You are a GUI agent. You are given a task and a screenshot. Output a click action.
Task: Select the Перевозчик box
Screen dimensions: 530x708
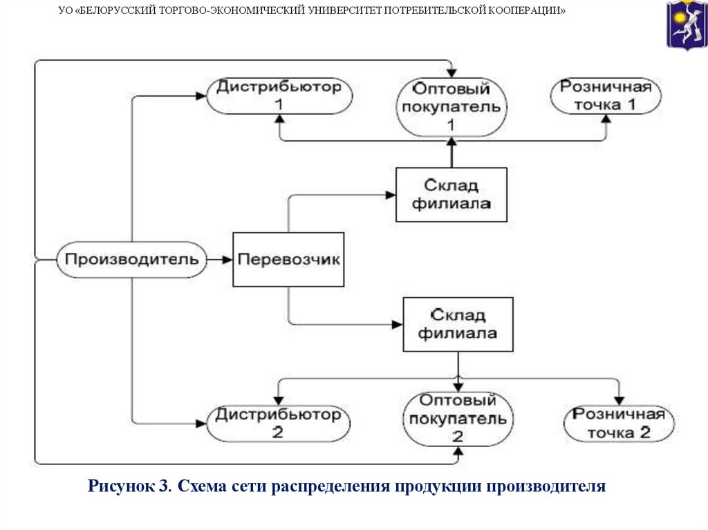click(288, 260)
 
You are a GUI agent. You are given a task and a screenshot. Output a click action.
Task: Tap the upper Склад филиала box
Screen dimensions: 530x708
click(451, 195)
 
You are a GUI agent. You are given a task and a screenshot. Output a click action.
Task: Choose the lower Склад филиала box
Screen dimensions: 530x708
click(458, 324)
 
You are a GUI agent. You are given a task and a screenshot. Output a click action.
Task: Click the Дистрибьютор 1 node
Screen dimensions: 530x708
click(278, 95)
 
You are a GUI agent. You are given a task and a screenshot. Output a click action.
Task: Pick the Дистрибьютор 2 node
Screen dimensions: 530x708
click(278, 424)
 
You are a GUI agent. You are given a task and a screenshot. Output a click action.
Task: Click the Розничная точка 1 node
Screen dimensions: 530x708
click(606, 95)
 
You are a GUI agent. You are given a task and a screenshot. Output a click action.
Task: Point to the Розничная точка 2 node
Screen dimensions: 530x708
click(619, 423)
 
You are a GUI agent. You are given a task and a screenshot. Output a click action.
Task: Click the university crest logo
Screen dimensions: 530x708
click(686, 25)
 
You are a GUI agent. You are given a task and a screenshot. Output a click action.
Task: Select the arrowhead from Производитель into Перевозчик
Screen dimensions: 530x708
click(227, 260)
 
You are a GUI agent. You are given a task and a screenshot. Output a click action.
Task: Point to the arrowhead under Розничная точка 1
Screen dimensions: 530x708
click(606, 118)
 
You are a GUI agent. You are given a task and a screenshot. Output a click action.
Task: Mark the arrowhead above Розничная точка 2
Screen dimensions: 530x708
click(619, 400)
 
